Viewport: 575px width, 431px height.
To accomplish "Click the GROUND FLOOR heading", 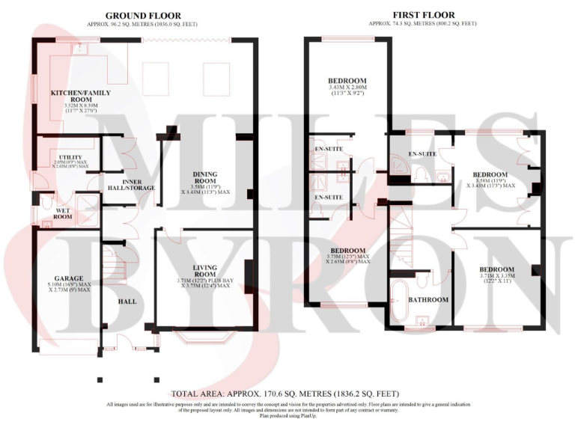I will (143, 15).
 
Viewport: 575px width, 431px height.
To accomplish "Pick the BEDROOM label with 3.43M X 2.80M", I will (347, 81).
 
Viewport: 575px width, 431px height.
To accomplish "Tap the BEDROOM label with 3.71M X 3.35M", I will (497, 269).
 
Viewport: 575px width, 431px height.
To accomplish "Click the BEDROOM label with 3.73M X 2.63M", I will (347, 251).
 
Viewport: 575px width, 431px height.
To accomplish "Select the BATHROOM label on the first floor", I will (428, 300).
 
